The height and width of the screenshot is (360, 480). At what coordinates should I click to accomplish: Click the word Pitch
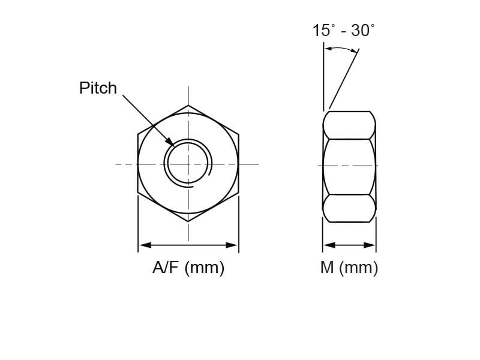[x=98, y=88]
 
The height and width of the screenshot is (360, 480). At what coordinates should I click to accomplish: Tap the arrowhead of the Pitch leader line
[x=170, y=142]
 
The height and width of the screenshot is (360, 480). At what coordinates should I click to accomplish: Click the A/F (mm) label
[x=188, y=268]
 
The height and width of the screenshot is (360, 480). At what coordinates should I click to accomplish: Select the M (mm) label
[x=349, y=268]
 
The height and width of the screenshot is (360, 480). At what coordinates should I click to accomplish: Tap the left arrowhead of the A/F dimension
[x=145, y=245]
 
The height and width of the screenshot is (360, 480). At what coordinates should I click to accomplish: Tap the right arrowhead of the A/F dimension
[x=232, y=245]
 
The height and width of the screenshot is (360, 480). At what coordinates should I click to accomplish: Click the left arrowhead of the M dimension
[x=329, y=245]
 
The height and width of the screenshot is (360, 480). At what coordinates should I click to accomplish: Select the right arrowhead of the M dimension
[x=369, y=245]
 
